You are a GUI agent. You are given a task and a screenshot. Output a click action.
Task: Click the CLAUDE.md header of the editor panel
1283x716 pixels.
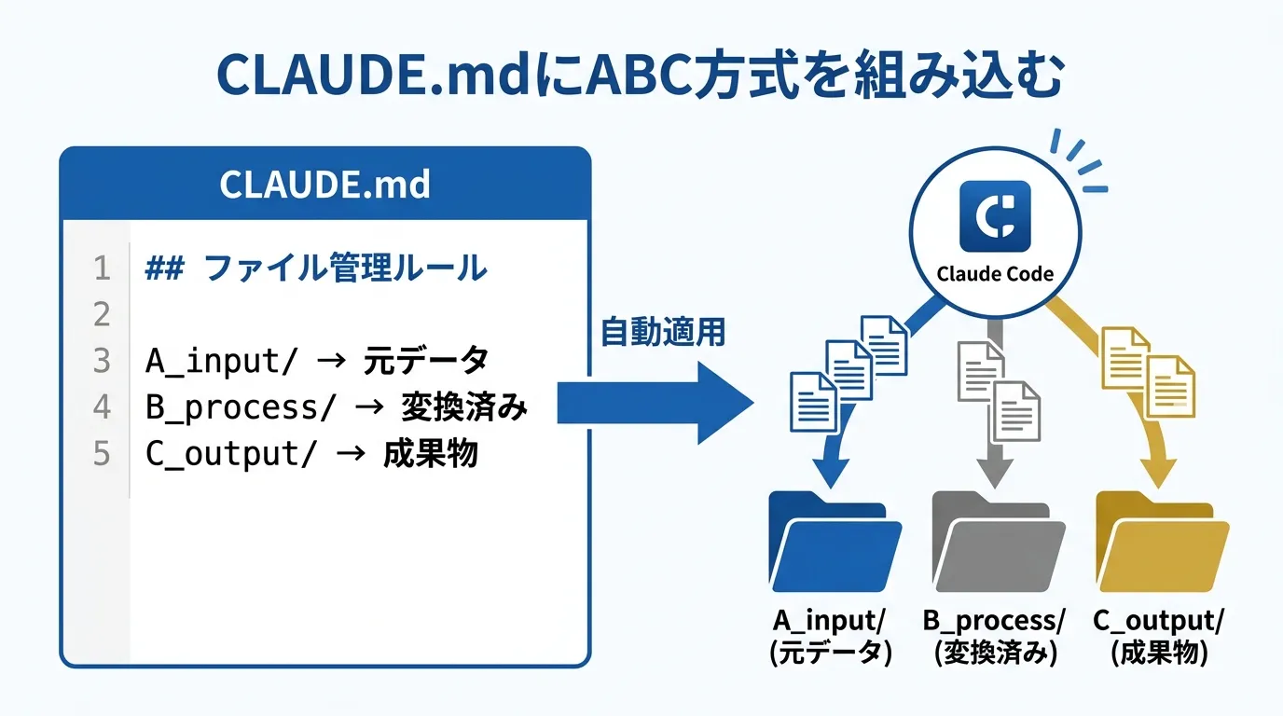(324, 184)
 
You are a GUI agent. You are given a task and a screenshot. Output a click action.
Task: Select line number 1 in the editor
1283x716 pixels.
(102, 269)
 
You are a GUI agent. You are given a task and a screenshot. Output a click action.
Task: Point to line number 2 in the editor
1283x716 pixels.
(102, 315)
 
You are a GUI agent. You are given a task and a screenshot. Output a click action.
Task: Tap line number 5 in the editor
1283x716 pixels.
(102, 454)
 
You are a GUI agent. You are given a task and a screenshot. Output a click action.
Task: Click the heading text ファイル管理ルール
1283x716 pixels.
(345, 269)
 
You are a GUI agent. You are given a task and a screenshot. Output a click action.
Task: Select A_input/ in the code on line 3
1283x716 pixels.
(214, 361)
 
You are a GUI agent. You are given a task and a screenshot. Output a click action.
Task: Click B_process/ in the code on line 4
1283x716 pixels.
(232, 407)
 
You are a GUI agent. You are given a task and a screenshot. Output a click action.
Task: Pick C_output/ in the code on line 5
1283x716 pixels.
(223, 454)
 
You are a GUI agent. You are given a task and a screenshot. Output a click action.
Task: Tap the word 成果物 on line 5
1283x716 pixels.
(430, 454)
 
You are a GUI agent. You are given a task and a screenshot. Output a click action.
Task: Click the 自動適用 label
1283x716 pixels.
(663, 332)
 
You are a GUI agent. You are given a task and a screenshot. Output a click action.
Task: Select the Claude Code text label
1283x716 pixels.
(995, 274)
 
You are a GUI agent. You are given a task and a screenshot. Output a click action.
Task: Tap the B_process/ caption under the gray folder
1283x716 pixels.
(995, 621)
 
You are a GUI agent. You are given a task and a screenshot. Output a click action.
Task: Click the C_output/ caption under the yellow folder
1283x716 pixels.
(1160, 621)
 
